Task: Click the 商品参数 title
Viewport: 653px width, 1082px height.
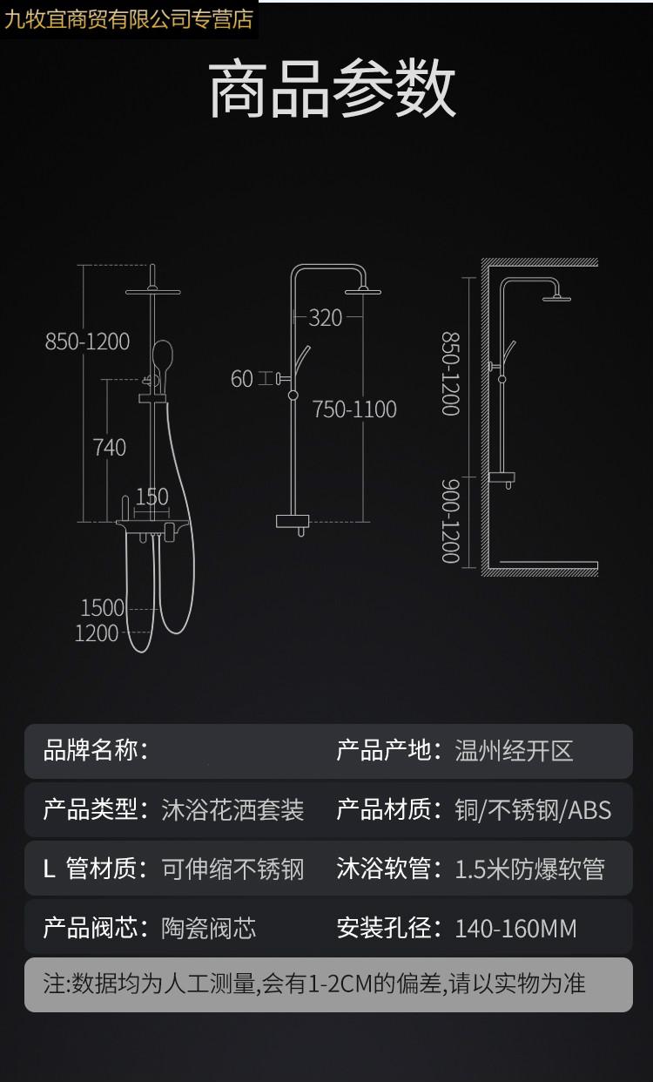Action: pyautogui.click(x=332, y=88)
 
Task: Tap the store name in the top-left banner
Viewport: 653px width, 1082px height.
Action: pyautogui.click(x=128, y=19)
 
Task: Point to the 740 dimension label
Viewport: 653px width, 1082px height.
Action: pyautogui.click(x=110, y=447)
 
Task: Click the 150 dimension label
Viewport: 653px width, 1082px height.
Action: pyautogui.click(x=152, y=497)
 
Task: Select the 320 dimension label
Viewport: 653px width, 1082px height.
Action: pyautogui.click(x=326, y=318)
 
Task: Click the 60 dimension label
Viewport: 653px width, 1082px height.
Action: pyautogui.click(x=242, y=379)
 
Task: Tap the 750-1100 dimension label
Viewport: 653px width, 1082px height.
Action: pyautogui.click(x=354, y=409)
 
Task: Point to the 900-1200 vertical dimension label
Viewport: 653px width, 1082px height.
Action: pyautogui.click(x=451, y=521)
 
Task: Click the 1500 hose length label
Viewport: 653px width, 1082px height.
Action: pyautogui.click(x=103, y=608)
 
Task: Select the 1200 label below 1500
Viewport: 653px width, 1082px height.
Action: pyautogui.click(x=97, y=633)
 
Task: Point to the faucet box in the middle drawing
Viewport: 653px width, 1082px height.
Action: pyautogui.click(x=292, y=521)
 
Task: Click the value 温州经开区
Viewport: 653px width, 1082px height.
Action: pyautogui.click(x=514, y=751)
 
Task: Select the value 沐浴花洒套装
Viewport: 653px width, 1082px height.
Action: pyautogui.click(x=232, y=810)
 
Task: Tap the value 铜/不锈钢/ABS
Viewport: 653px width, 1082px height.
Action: pyautogui.click(x=534, y=810)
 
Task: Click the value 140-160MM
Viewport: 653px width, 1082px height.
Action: pyautogui.click(x=516, y=929)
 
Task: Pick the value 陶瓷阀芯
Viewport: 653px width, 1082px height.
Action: pyautogui.click(x=208, y=928)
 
